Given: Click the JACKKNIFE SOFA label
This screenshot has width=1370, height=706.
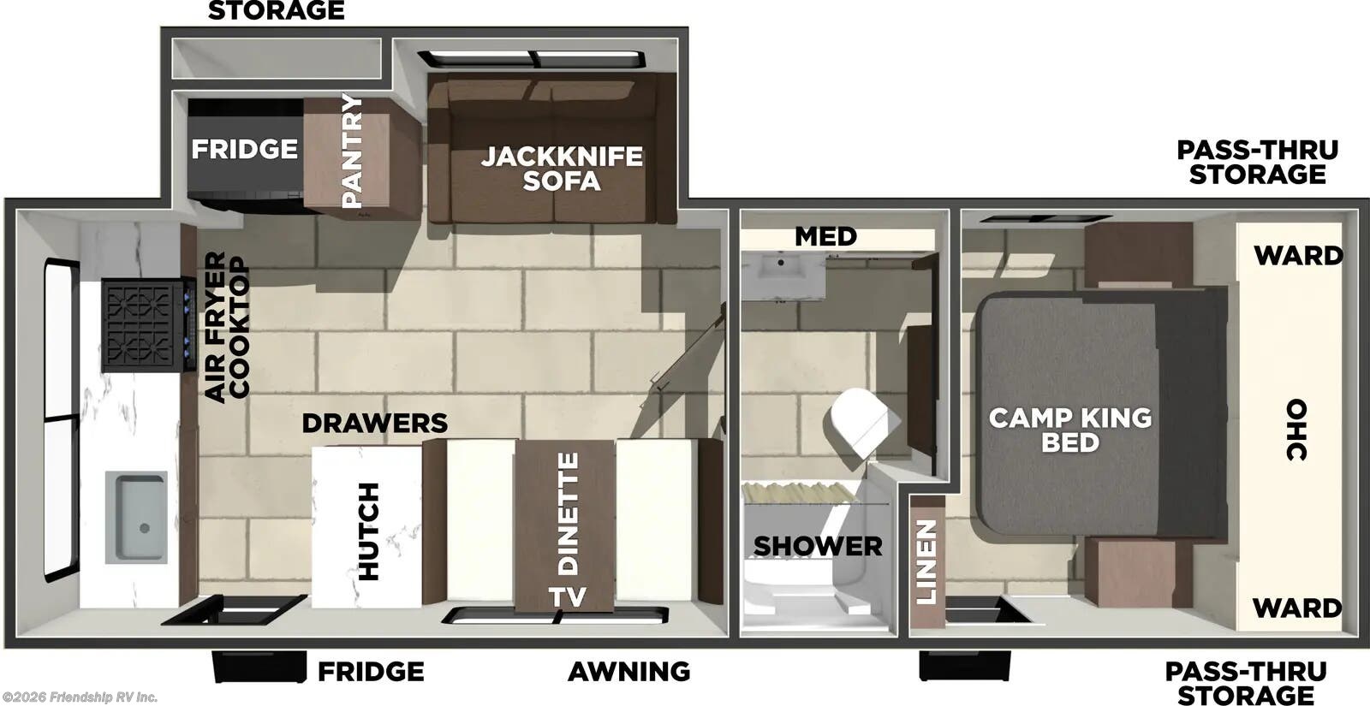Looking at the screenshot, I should [x=562, y=169].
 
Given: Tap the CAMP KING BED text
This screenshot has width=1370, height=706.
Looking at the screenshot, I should [x=1070, y=430].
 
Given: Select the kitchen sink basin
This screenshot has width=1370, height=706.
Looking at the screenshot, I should [x=137, y=517].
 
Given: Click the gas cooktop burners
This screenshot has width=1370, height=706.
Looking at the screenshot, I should [x=142, y=325].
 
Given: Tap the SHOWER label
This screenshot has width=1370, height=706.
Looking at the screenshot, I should [x=818, y=546].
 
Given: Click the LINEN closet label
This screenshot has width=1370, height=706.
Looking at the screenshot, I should [x=927, y=562].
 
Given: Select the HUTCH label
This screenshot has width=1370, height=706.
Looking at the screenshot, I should [x=368, y=531].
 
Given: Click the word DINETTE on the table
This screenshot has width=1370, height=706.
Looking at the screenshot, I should [x=568, y=513].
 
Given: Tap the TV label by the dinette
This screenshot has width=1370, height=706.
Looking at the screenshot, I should [x=568, y=597].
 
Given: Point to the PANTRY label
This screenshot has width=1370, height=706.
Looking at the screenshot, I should [x=352, y=151].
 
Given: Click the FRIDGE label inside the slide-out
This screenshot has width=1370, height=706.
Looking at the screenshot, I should [x=244, y=149].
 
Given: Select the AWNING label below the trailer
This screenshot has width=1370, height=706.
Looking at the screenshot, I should [x=629, y=672].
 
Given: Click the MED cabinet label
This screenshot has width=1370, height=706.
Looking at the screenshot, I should [x=825, y=236].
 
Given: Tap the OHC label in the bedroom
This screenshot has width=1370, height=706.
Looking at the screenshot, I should [x=1297, y=430].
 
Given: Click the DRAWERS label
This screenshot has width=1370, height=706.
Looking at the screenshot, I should [x=374, y=423].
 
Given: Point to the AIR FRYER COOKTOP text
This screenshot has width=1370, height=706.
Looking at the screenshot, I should [x=227, y=326].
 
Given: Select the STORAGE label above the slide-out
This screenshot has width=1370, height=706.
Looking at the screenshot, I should [x=276, y=11].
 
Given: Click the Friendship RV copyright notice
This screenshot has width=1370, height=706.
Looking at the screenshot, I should [x=80, y=697].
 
